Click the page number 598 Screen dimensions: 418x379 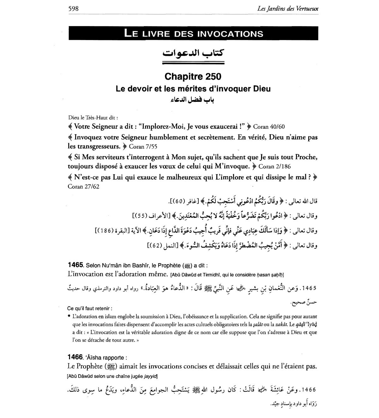[x=73, y=9]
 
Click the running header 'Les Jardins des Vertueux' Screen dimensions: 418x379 [x=288, y=9]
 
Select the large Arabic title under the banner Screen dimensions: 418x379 [x=193, y=53]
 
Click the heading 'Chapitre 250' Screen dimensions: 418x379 [x=193, y=77]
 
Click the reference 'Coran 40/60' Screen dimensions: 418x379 [x=269, y=127]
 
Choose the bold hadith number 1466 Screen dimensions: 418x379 [x=75, y=357]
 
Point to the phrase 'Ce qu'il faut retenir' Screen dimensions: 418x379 [x=90, y=309]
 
